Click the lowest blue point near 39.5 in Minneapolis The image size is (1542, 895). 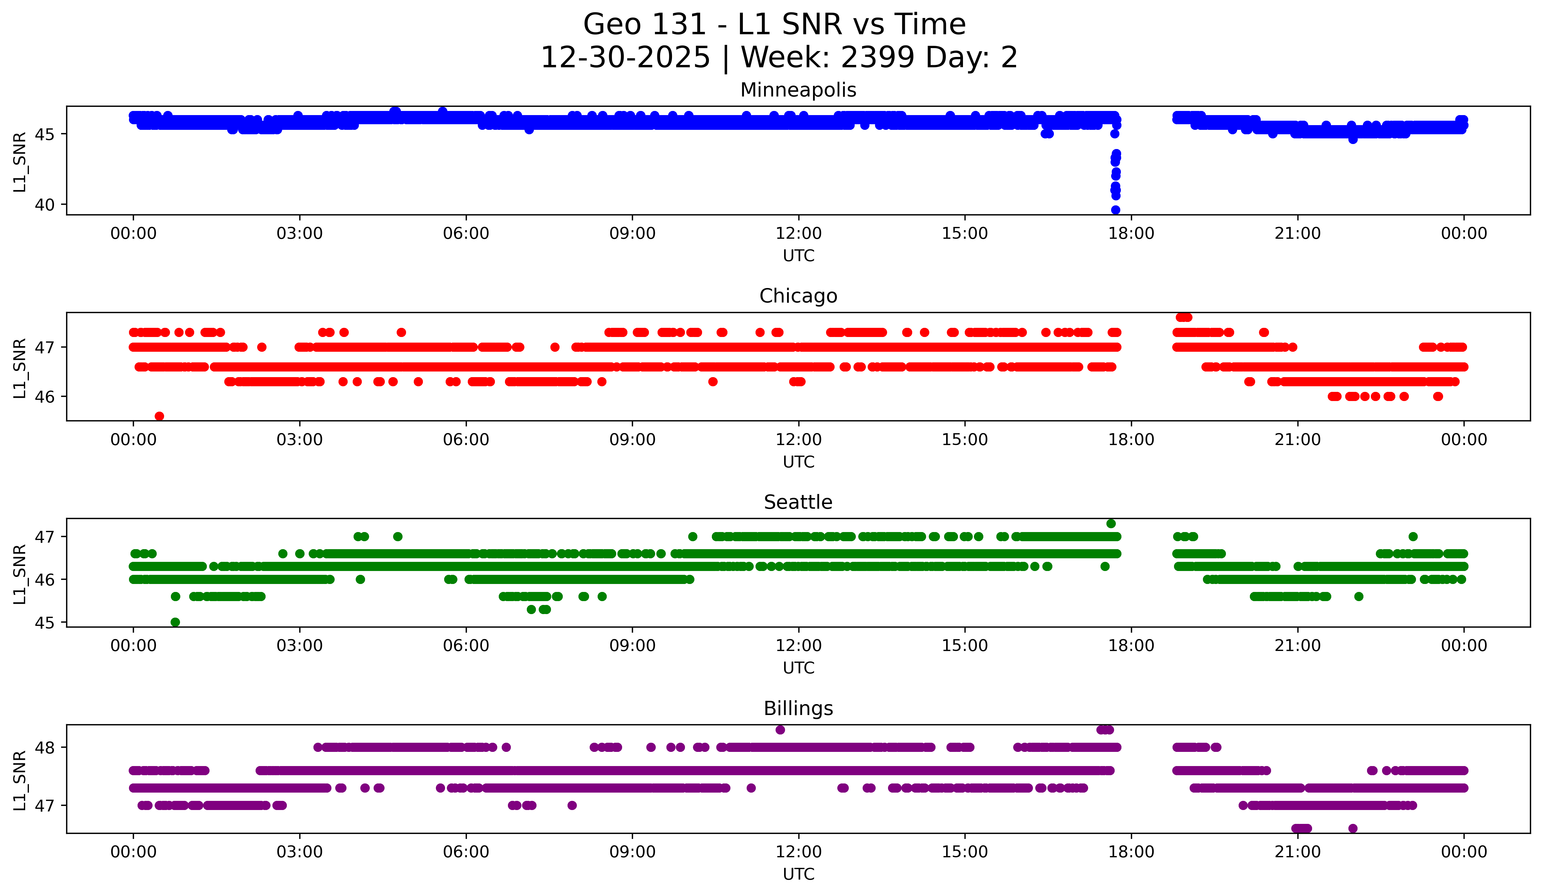tap(1116, 210)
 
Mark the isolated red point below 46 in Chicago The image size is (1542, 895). tap(159, 416)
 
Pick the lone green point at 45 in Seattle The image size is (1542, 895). tap(175, 622)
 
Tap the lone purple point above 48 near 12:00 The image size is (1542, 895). tap(780, 730)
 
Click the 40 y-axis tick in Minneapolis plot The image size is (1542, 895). tap(44, 205)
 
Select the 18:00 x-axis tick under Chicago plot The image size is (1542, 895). tap(1131, 439)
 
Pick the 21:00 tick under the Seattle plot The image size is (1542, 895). tap(1297, 645)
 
